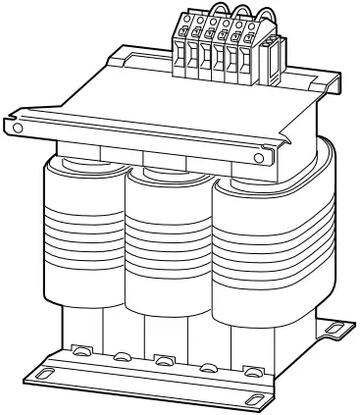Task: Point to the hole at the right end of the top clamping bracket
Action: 259,155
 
